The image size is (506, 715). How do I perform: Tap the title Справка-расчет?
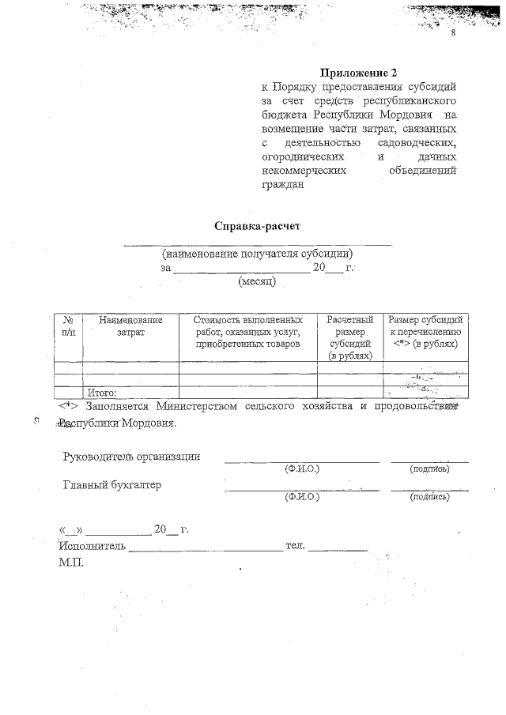point(258,226)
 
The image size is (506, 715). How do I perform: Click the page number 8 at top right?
point(454,35)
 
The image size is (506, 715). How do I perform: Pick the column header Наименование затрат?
point(130,327)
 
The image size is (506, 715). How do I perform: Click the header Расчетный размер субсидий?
point(349,338)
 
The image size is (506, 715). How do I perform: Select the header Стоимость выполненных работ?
point(248,333)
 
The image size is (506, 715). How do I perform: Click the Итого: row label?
point(102,393)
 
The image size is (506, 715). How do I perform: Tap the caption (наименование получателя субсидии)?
point(257,254)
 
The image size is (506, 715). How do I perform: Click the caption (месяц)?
point(256,280)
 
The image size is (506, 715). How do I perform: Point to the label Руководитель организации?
point(131,456)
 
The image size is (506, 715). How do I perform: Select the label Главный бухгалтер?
point(111,485)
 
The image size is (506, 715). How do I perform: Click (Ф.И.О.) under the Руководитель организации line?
point(301,469)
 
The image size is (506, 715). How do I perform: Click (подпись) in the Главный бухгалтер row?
point(429,498)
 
